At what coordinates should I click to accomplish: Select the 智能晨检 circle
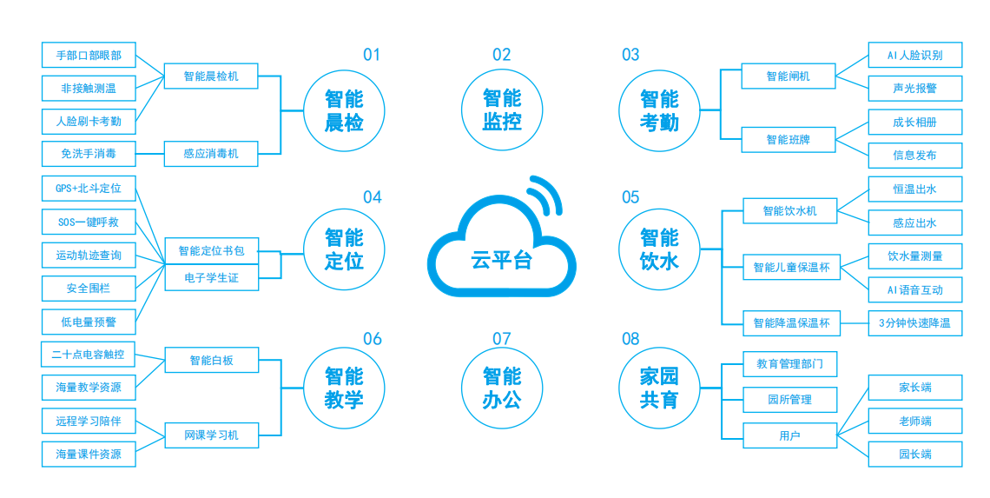tap(344, 110)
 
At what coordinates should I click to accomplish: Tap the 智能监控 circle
tap(502, 110)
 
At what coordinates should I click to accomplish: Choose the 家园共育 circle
tap(659, 388)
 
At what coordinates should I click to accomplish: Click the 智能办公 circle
tap(502, 388)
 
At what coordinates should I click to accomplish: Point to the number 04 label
tap(372, 197)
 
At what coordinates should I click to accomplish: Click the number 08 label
tap(630, 339)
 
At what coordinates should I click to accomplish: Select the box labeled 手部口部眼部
tap(89, 56)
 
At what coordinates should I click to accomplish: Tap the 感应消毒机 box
tap(211, 154)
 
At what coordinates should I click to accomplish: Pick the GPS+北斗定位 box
tap(89, 188)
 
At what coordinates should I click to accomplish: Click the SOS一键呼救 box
tap(89, 222)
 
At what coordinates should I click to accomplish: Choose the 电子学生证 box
tap(211, 278)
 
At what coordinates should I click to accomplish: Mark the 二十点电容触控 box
tap(89, 355)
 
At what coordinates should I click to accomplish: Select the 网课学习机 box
tap(211, 435)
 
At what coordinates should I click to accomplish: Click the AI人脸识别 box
tap(914, 55)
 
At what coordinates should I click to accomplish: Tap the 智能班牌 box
tap(788, 139)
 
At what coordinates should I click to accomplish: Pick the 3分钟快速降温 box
tap(914, 323)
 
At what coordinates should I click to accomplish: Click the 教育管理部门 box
tap(789, 364)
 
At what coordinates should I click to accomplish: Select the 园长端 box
tap(914, 454)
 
